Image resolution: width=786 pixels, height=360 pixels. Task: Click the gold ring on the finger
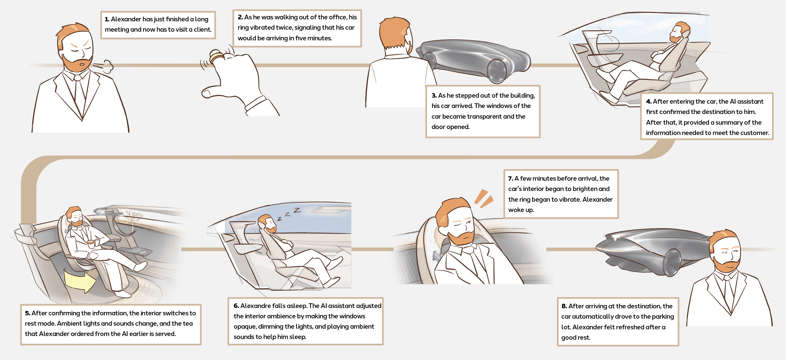[x=217, y=58]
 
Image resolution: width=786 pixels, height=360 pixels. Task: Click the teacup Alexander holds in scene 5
[x=90, y=243]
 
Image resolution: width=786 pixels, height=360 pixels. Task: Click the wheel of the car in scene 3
[x=497, y=71]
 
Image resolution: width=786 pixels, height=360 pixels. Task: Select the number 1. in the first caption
[x=107, y=19]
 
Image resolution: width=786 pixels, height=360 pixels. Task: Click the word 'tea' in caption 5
[x=188, y=323]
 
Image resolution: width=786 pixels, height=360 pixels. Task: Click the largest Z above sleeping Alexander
[x=297, y=210]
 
